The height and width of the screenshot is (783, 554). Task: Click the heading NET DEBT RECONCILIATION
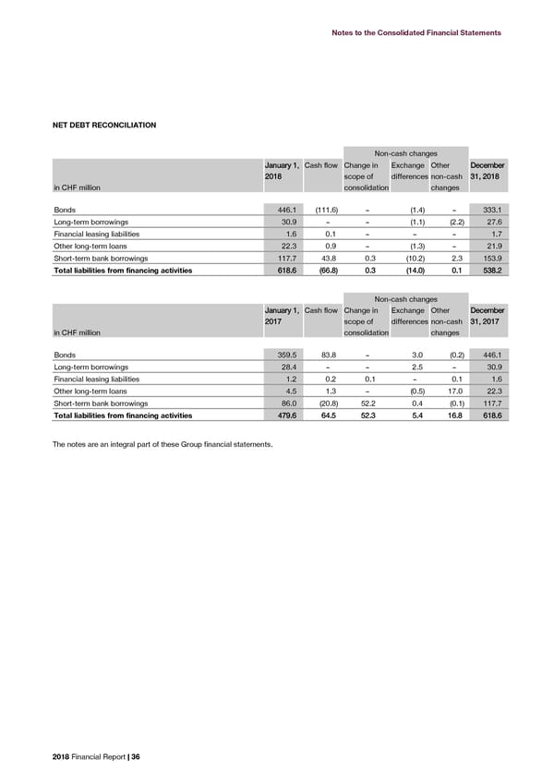tap(103, 125)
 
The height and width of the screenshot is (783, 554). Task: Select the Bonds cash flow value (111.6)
tap(320, 210)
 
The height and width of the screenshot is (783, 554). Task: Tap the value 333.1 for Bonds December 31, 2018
tap(486, 210)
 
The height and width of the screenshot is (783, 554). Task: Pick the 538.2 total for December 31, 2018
tap(486, 271)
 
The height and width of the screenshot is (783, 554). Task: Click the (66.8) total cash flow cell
tap(326, 271)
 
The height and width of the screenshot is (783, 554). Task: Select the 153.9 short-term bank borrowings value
tap(486, 259)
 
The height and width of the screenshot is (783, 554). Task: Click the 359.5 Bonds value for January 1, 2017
tap(282, 355)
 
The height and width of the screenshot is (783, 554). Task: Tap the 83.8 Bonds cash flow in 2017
tap(326, 355)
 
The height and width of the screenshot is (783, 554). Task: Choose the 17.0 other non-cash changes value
tap(451, 391)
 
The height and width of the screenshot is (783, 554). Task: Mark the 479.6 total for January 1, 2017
tap(282, 416)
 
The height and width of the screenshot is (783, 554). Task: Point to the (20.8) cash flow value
tap(323, 404)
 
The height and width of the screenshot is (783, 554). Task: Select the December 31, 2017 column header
tap(487, 317)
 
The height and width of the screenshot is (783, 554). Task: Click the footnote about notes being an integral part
tap(162, 445)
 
